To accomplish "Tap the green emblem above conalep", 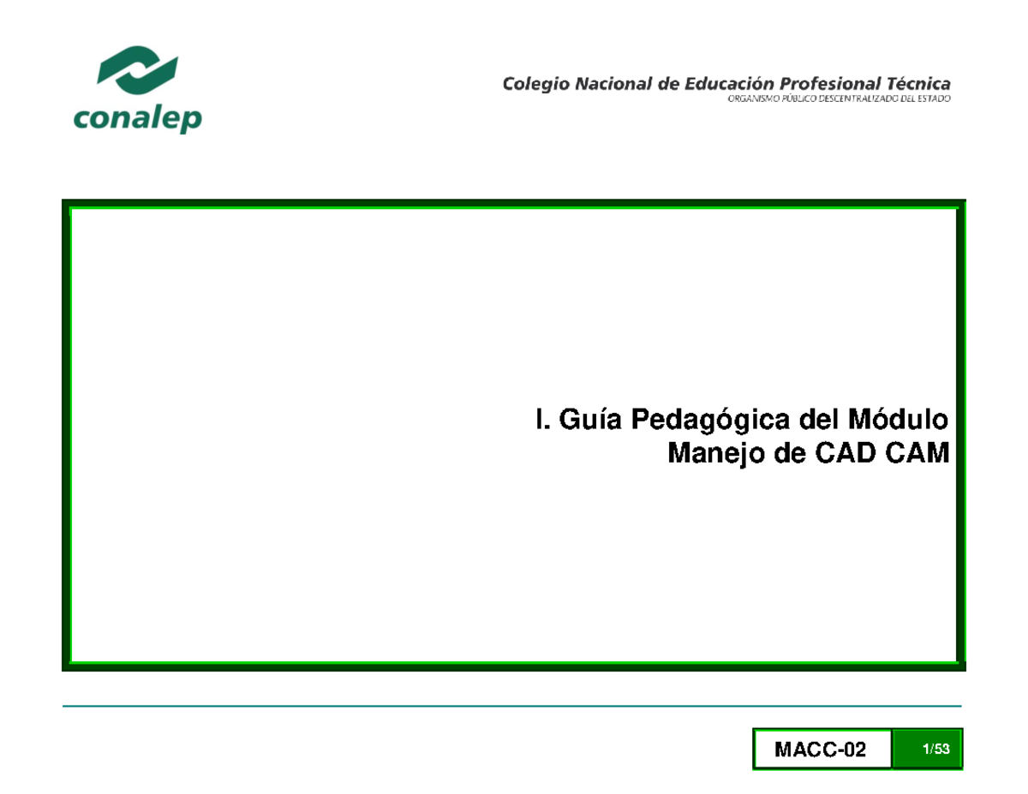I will pos(138,69).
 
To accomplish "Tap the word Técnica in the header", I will pos(917,84).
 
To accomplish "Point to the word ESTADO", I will pos(931,99).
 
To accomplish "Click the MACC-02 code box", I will pos(821,750).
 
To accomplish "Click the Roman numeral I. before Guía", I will pos(540,421).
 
